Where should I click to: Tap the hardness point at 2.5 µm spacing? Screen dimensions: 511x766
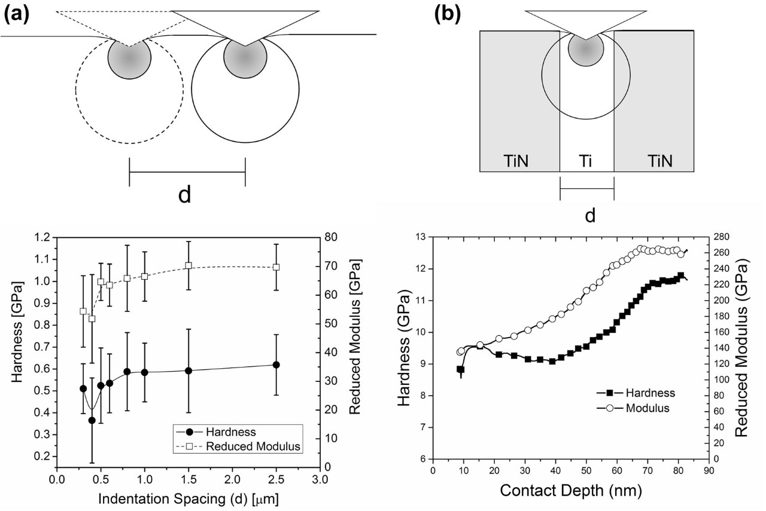pyautogui.click(x=276, y=365)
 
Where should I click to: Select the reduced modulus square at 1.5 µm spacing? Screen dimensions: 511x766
pyautogui.click(x=189, y=265)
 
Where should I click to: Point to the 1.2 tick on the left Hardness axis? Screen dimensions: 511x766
pyautogui.click(x=43, y=237)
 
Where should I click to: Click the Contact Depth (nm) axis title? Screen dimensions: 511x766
pyautogui.click(x=571, y=491)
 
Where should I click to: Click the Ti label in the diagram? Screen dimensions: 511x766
pyautogui.click(x=586, y=160)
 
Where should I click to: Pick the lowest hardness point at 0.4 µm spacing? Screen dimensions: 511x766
pyautogui.click(x=92, y=420)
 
